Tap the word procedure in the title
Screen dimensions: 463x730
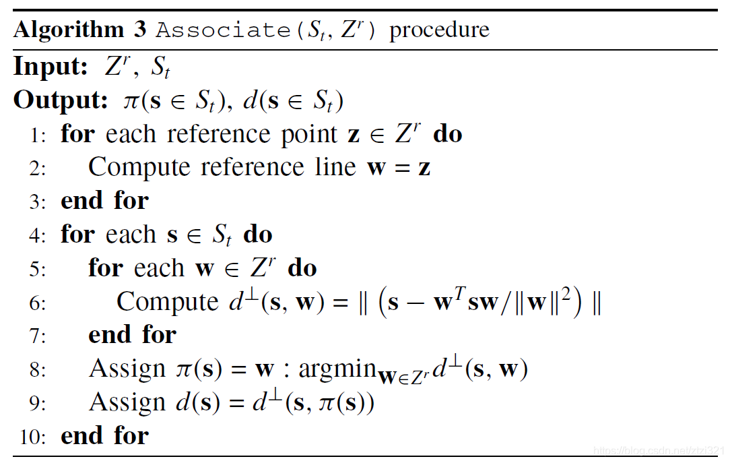(439, 30)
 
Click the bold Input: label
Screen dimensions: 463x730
(51, 67)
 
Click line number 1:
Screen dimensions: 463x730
(38, 135)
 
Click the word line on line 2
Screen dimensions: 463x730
(333, 167)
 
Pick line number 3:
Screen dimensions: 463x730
(38, 202)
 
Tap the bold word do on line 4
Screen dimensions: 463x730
(258, 235)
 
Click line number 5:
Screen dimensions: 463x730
(38, 269)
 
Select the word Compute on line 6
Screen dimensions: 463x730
(168, 302)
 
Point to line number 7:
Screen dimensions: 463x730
(38, 336)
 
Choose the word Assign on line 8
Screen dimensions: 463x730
(127, 369)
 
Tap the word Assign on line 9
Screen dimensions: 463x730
(127, 402)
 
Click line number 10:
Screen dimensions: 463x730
(34, 437)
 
